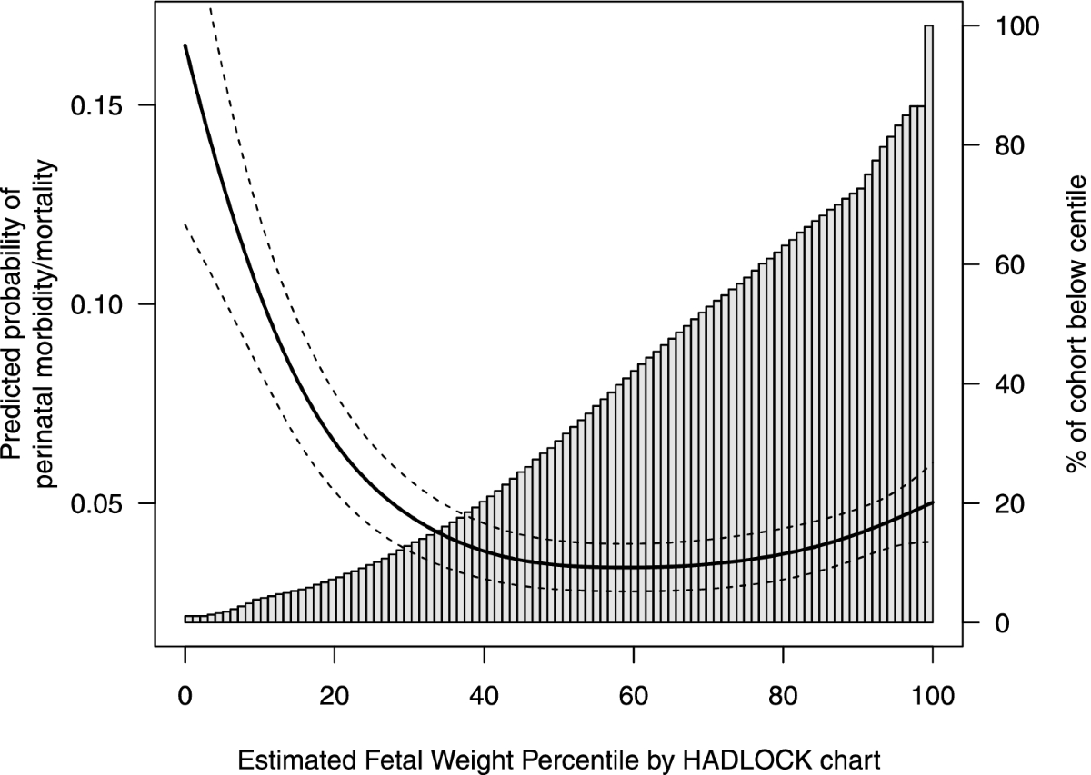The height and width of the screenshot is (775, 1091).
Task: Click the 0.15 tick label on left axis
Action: [x=103, y=105]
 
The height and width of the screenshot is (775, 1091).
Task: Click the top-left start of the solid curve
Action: [x=185, y=45]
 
